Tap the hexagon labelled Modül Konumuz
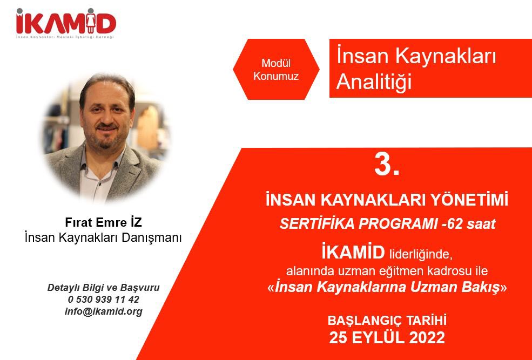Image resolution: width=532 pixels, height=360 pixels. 276,70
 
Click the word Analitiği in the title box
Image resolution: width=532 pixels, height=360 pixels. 374,81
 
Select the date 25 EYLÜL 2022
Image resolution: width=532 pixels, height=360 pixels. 387,337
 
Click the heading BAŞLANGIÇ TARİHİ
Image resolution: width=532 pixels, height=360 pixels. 387,321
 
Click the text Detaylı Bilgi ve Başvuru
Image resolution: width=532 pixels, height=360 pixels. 104,287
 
